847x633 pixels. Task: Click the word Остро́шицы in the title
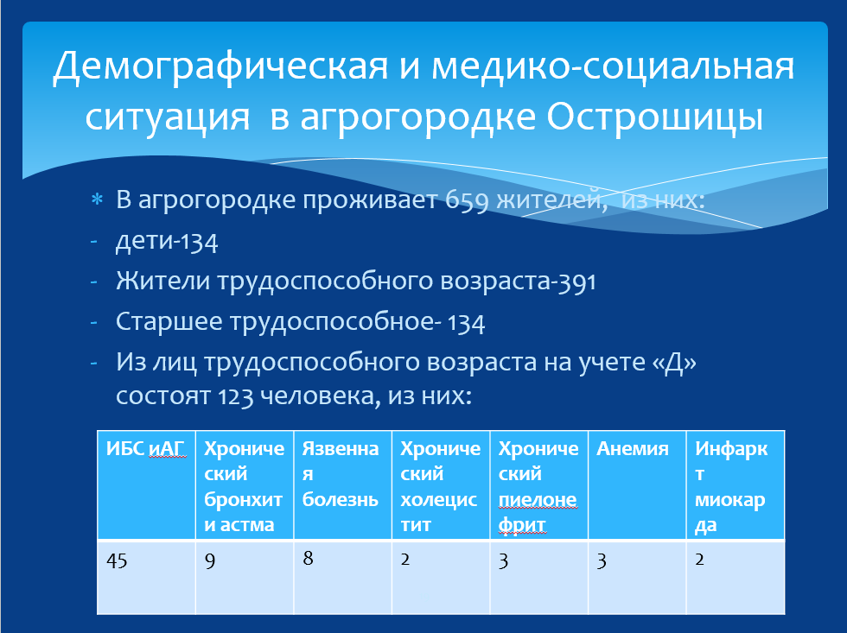point(655,117)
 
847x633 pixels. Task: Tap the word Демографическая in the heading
point(220,66)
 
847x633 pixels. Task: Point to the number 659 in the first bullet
point(467,201)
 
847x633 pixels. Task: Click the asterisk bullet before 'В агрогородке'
point(97,199)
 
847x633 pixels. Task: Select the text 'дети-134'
point(167,241)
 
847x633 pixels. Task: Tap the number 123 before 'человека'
point(236,396)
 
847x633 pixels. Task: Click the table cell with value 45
point(146,577)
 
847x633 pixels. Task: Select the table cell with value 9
point(244,577)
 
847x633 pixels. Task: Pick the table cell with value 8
point(342,577)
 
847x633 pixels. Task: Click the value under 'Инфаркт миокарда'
point(699,560)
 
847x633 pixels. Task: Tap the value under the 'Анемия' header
point(602,562)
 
